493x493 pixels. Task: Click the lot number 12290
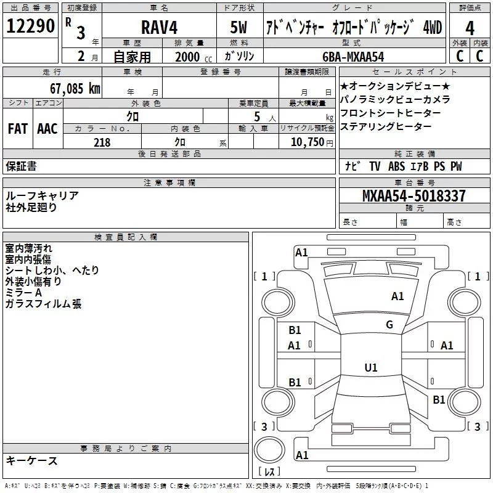(x=30, y=26)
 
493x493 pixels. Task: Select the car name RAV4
(x=159, y=27)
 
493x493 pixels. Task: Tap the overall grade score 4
(x=470, y=28)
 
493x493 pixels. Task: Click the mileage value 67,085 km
(x=75, y=88)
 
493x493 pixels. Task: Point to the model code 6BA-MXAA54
(x=353, y=57)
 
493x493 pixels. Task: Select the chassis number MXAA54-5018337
(x=414, y=195)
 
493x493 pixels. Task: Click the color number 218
(x=102, y=142)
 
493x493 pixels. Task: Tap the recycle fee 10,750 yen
(x=312, y=142)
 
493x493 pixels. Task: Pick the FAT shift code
(x=18, y=129)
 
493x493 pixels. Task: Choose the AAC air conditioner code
(x=47, y=129)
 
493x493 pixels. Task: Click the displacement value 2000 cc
(x=194, y=57)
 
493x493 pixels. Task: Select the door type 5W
(x=238, y=27)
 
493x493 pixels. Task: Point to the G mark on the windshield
(x=389, y=325)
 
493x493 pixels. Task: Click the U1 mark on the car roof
(x=371, y=367)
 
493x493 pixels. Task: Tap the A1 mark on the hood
(x=397, y=296)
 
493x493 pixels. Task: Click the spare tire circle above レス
(x=269, y=449)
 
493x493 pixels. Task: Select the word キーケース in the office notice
(x=31, y=460)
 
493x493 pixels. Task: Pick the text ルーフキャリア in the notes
(x=42, y=195)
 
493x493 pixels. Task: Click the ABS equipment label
(x=396, y=166)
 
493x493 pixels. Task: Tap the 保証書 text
(x=21, y=166)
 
